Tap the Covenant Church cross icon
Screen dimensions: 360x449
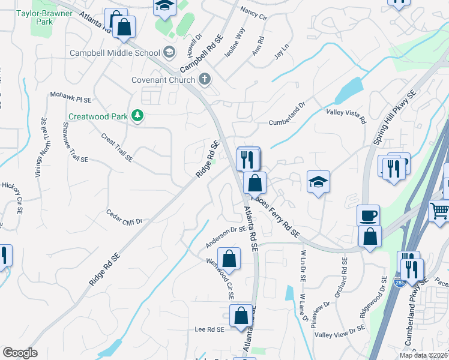(205, 79)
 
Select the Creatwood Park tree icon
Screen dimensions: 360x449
(138, 115)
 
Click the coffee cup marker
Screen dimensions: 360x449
(367, 215)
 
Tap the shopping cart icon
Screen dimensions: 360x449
(439, 211)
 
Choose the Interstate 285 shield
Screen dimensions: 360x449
(399, 281)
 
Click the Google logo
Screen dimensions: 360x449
(20, 353)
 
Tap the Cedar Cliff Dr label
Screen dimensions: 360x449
(124, 217)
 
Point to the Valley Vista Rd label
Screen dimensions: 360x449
(346, 115)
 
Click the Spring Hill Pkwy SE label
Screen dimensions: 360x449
(394, 118)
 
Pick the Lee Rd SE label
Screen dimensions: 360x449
(209, 329)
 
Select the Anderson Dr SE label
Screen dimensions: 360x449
(226, 237)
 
